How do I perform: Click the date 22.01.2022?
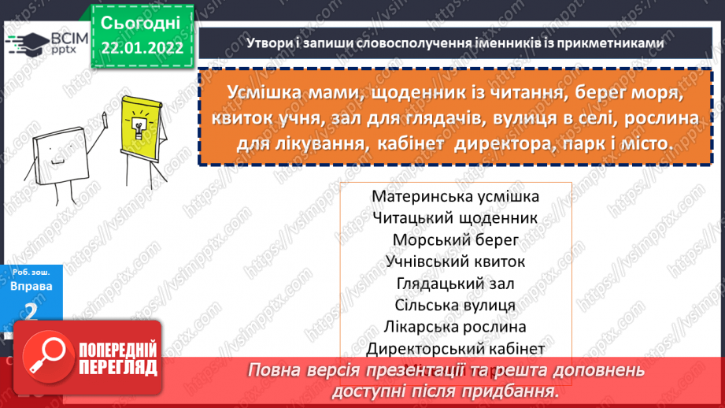coord(142,47)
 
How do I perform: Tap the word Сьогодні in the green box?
coord(142,21)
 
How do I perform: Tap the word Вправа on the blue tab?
coord(32,287)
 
